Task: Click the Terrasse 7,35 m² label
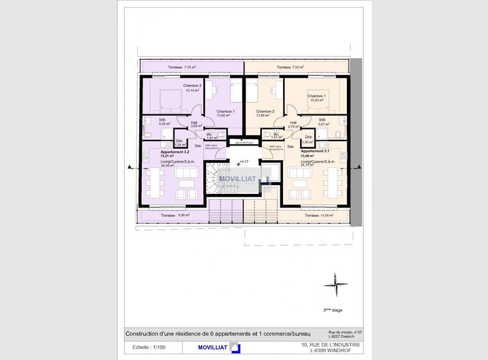[x=182, y=67]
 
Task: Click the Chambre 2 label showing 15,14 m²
[x=192, y=88]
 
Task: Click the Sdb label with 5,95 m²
[x=155, y=121]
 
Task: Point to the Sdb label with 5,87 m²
[x=323, y=121]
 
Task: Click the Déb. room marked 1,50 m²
[x=309, y=140]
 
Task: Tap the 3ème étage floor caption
[x=332, y=310]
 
